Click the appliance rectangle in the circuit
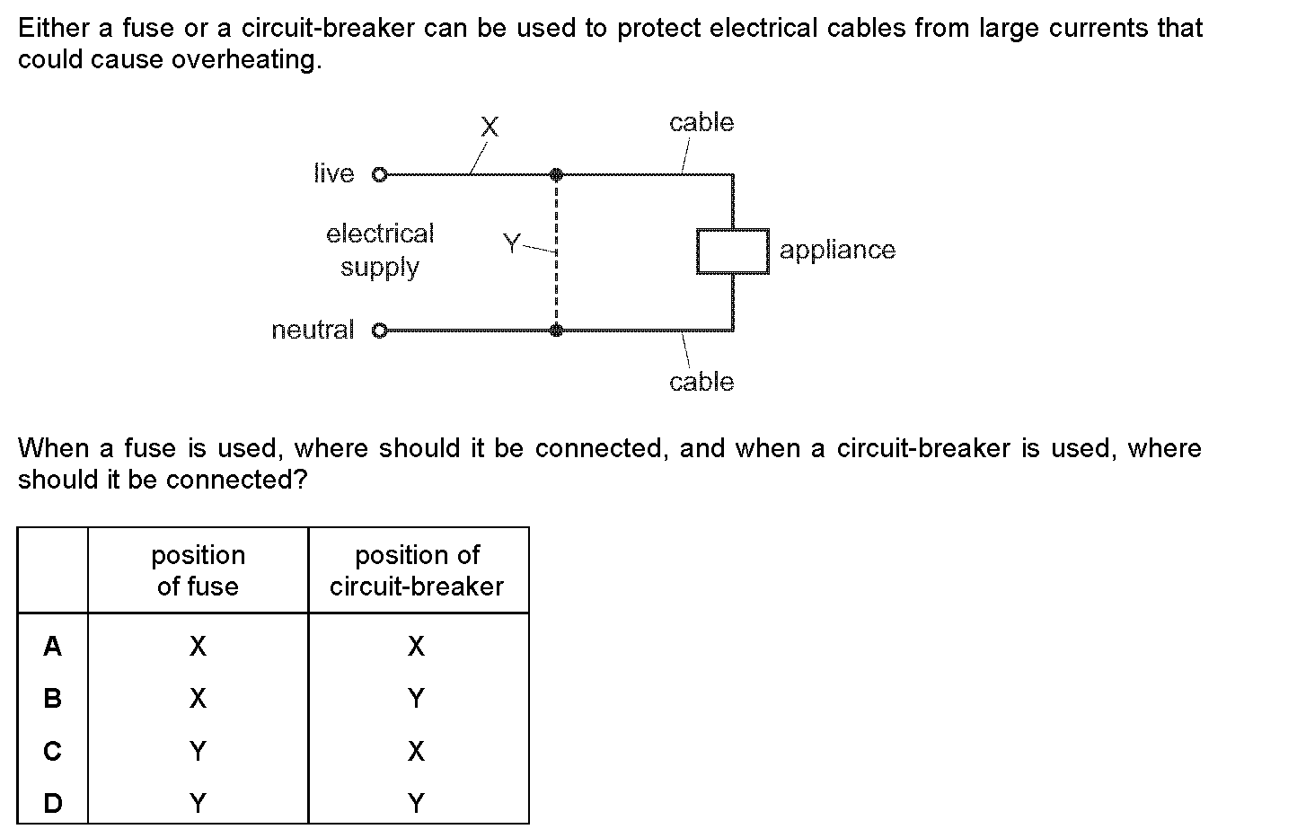coord(733,251)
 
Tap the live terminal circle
coord(378,173)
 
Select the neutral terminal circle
coord(378,331)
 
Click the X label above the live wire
coord(490,127)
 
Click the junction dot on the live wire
coord(556,173)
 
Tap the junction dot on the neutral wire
coord(556,331)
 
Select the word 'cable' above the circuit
coord(701,122)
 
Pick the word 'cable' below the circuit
coord(701,382)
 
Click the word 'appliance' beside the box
coord(837,250)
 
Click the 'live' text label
coord(334,173)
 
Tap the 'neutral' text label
coord(313,331)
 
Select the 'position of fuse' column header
coord(198,570)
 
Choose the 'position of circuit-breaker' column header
coord(417,570)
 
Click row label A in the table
coord(53,646)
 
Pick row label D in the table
coord(53,803)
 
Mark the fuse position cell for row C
coord(198,751)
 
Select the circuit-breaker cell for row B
coord(416,698)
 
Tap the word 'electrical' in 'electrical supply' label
coord(380,234)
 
